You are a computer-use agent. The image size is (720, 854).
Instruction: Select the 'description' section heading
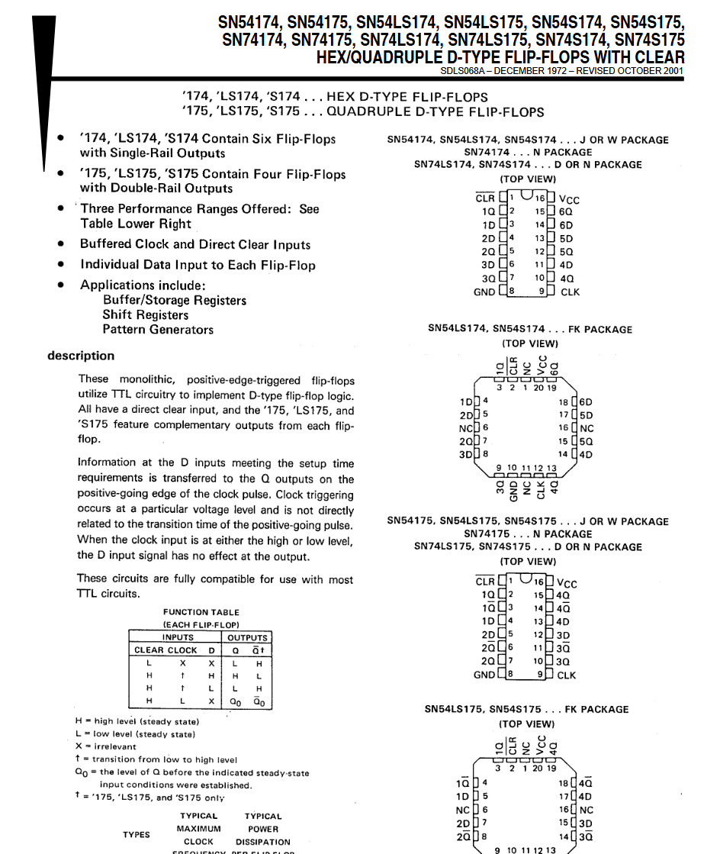(81, 356)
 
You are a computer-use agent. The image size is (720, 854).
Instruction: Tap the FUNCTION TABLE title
(201, 612)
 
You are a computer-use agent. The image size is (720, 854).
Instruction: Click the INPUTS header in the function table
(178, 637)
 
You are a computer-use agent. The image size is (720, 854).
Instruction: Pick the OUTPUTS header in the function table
(248, 637)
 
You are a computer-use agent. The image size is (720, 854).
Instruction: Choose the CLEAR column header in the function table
(149, 650)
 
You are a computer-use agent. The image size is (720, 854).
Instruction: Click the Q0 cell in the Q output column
(236, 701)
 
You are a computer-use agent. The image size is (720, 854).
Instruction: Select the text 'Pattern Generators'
(158, 330)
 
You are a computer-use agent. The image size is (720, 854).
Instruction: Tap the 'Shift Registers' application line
(146, 314)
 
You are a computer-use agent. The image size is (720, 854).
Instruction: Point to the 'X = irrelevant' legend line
(106, 746)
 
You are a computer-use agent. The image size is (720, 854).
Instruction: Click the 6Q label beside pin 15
(565, 211)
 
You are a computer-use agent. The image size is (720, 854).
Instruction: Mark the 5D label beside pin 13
(566, 238)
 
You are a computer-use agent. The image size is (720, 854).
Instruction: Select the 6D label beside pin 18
(586, 402)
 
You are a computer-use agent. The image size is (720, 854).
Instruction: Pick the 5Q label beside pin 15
(586, 441)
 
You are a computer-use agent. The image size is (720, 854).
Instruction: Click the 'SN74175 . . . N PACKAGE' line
(528, 534)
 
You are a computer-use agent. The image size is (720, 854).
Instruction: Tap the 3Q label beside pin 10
(563, 662)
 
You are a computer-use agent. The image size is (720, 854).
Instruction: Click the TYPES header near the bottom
(137, 835)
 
